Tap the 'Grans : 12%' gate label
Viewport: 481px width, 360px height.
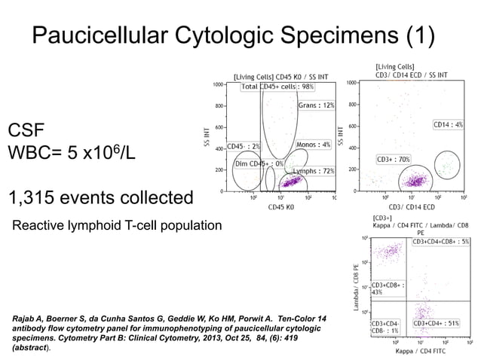click(x=317, y=105)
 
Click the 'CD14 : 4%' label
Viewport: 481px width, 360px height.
click(x=448, y=124)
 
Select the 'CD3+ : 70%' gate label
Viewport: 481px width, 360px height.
click(x=394, y=160)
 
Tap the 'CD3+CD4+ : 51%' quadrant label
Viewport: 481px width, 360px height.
click(x=443, y=323)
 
